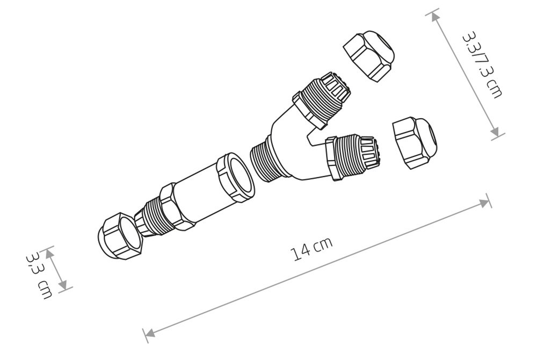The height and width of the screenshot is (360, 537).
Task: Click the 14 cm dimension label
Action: (311, 248)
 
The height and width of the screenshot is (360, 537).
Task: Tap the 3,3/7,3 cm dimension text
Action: (482, 64)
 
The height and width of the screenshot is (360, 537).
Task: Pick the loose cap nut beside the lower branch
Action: (415, 142)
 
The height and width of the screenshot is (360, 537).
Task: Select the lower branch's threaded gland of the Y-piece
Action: (353, 156)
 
